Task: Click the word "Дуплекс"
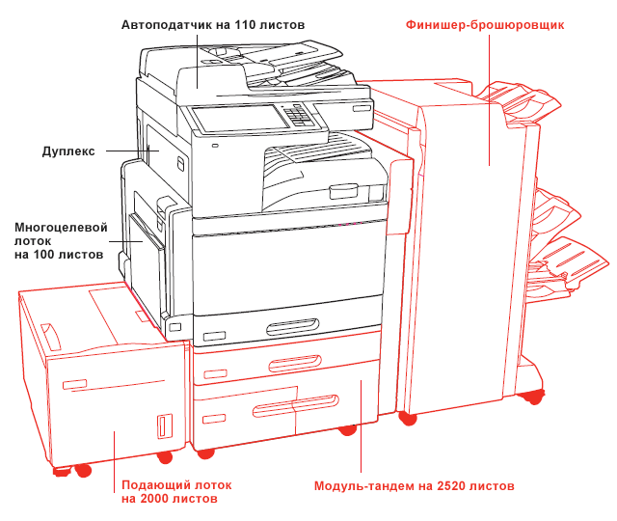(x=68, y=151)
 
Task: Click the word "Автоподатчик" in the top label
(x=168, y=23)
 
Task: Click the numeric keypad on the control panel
(x=303, y=115)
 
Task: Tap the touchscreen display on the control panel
(x=239, y=118)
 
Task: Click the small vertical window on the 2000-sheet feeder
(x=162, y=425)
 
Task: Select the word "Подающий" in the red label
(x=155, y=484)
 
